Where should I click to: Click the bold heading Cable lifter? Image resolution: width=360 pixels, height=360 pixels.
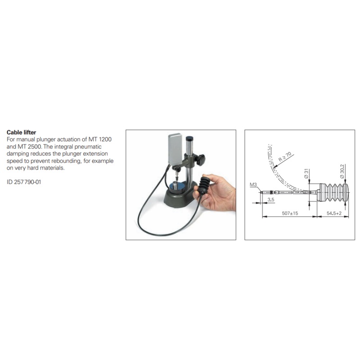[x=21, y=132]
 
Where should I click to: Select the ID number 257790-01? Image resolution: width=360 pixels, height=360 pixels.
[x=27, y=182]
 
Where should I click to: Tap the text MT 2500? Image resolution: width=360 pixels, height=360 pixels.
[x=30, y=147]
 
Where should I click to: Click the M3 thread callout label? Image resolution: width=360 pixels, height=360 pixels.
[x=253, y=184]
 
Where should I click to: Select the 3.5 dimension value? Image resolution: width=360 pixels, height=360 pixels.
[x=271, y=199]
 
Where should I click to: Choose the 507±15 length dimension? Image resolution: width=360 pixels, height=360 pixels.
[x=290, y=213]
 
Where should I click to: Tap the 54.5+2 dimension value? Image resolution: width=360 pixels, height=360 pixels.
[x=334, y=213]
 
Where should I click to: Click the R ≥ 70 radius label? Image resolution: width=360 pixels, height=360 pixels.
[x=285, y=157]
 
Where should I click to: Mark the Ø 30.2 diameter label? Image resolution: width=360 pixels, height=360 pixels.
[x=342, y=171]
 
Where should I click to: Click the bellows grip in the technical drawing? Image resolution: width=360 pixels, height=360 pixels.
[x=333, y=193]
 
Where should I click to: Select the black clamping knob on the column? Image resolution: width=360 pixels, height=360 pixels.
[x=200, y=160]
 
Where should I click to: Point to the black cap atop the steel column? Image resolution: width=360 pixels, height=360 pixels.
[x=189, y=139]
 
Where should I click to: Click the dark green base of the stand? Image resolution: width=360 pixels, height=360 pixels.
[x=180, y=197]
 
